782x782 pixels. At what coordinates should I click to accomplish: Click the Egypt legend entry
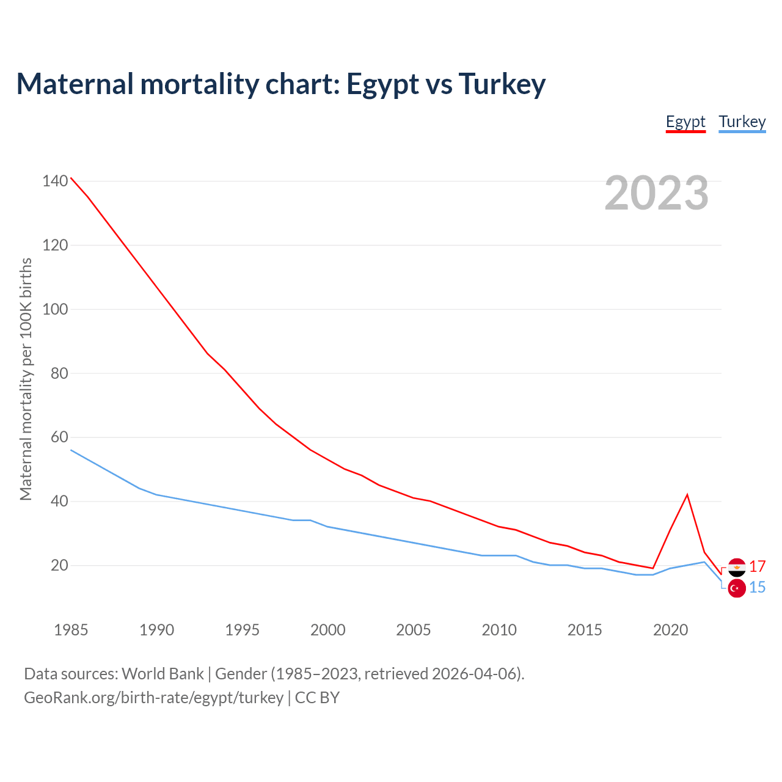685,122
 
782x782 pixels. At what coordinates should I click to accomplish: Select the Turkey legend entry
742,122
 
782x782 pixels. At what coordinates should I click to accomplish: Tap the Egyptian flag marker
737,567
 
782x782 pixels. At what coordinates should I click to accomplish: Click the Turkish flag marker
737,588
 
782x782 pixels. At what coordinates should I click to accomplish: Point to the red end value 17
758,566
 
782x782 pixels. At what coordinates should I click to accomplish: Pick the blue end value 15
758,588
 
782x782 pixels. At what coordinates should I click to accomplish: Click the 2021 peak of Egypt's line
687,495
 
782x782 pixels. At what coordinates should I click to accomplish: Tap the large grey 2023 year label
656,193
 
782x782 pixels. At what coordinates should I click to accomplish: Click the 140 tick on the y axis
55,181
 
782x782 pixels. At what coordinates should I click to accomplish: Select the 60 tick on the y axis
59,437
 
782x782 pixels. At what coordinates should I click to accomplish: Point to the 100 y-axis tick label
55,309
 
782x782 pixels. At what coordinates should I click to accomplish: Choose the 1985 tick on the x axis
71,630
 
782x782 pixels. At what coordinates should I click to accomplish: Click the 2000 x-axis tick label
327,630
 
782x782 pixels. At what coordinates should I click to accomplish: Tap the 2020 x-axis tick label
670,630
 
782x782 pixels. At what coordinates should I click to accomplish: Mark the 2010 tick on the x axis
499,630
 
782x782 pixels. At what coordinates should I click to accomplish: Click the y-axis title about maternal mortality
26,379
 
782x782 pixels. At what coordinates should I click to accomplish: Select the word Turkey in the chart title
502,84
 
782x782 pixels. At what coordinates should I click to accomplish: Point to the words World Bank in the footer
163,674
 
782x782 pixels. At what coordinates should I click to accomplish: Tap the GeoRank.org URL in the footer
153,698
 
